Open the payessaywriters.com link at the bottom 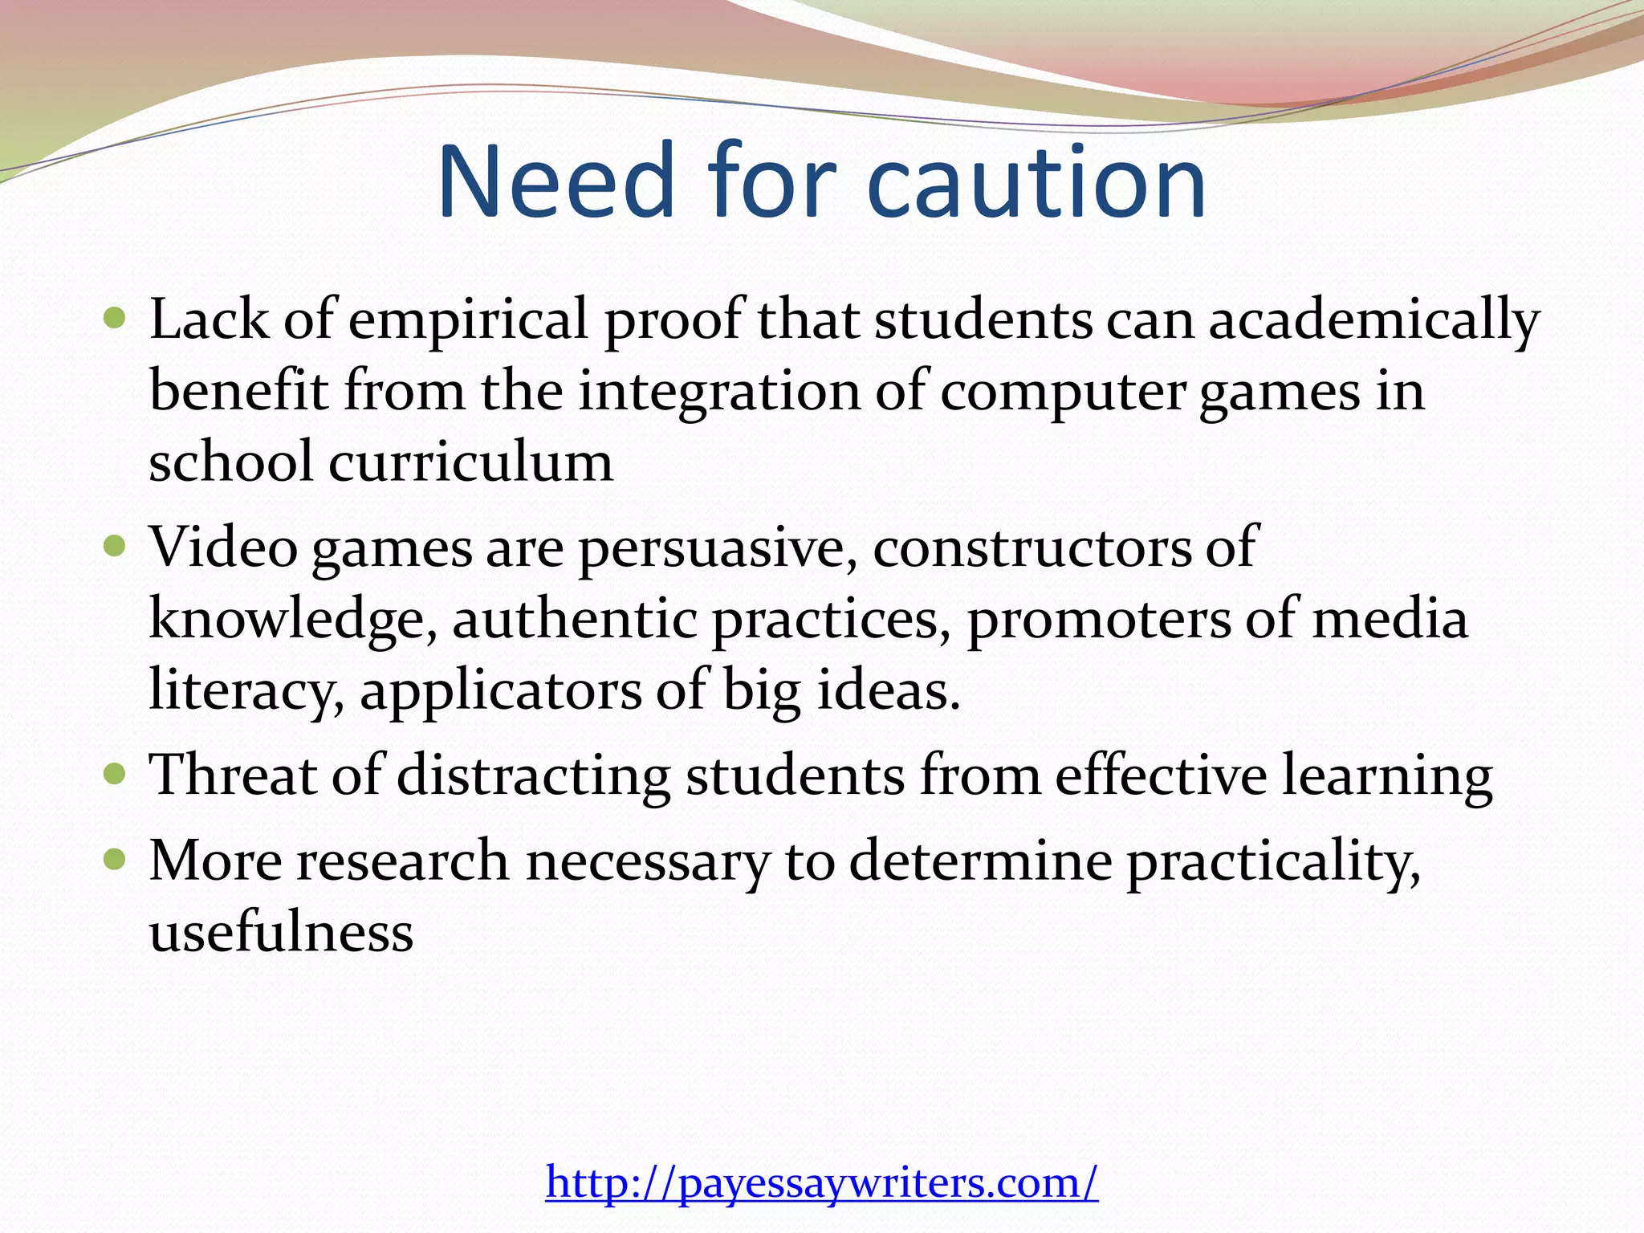point(821,1182)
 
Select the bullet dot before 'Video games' point(116,547)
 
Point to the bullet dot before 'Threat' point(116,775)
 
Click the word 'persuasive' point(711,547)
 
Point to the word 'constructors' point(1032,547)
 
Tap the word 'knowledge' point(292,620)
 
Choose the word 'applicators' point(500,690)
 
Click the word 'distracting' point(533,775)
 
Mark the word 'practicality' point(1272,862)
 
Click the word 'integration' point(718,392)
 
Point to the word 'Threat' point(234,775)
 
